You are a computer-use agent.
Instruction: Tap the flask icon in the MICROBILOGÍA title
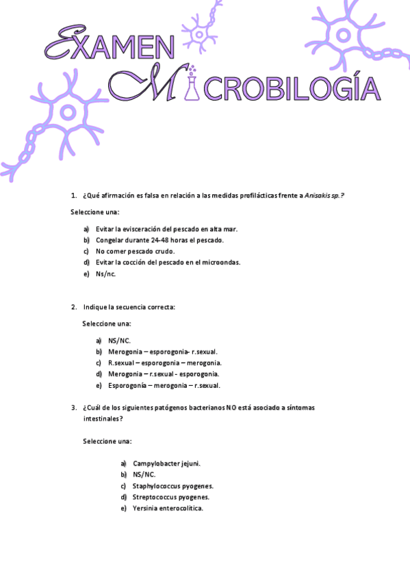pos(194,85)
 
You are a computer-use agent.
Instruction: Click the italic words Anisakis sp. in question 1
pos(324,196)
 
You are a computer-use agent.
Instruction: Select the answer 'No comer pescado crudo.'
pos(135,251)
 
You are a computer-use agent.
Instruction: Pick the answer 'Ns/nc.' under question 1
pos(106,274)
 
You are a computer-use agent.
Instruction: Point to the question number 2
pos(74,307)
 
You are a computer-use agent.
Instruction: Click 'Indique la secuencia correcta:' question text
pos(129,307)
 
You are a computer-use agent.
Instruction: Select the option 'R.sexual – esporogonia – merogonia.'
pos(164,363)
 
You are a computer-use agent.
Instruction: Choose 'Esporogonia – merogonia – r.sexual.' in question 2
pos(164,386)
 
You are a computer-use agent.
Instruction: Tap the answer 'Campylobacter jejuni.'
pos(166,464)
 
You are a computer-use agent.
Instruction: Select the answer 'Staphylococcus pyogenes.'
pos(172,486)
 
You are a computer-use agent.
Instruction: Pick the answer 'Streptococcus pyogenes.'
pos(171,497)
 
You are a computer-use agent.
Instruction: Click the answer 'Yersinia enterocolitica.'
pos(168,508)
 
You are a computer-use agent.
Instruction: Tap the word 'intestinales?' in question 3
pos(103,418)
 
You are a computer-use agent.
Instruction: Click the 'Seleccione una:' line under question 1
pos(94,212)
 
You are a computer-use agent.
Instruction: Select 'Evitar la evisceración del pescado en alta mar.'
pos(166,229)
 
